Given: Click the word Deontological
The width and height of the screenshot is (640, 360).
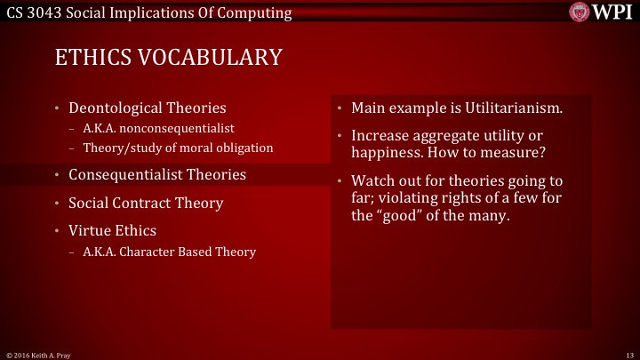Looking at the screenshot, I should click(x=115, y=108).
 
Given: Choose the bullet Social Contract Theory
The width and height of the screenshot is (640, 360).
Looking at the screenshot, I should click(x=146, y=203).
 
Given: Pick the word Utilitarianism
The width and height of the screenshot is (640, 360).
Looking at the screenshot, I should click(x=508, y=108).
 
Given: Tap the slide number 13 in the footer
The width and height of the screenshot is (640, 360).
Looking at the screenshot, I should click(x=628, y=354).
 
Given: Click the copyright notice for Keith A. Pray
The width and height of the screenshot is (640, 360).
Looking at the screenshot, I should click(x=37, y=354).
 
